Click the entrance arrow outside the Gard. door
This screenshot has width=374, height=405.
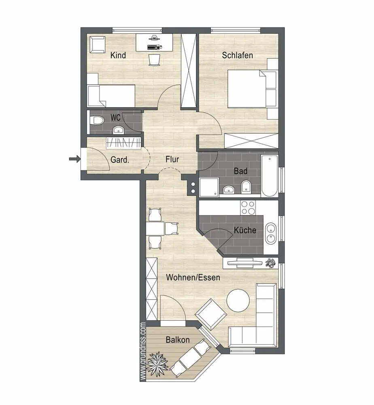tap(75, 159)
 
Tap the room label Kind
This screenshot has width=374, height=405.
tap(118, 55)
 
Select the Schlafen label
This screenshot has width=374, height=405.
tap(238, 55)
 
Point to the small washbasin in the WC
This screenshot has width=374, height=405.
tap(119, 130)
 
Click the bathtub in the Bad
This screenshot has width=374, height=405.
tap(270, 176)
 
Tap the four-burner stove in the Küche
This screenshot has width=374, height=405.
tap(248, 208)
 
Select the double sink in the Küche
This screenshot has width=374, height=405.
tap(271, 233)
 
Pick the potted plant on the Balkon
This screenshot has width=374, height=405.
tap(157, 364)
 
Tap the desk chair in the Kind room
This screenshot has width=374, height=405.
tap(154, 60)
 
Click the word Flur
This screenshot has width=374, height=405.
tap(172, 159)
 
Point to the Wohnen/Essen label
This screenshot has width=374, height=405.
tap(193, 277)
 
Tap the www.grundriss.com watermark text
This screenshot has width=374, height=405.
tap(143, 351)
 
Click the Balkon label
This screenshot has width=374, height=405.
tap(178, 340)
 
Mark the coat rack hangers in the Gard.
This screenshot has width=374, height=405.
tap(123, 143)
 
